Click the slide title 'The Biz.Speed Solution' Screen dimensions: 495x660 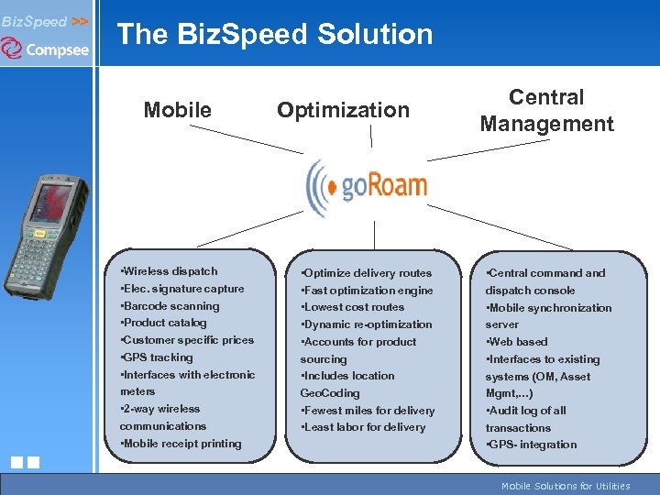(274, 35)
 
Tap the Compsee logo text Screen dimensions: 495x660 (56, 49)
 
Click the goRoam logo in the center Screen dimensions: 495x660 (368, 186)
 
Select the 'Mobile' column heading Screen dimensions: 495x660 (177, 110)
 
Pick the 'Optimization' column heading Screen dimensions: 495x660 (343, 110)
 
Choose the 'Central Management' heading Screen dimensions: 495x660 (546, 110)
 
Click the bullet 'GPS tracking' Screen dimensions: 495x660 (157, 357)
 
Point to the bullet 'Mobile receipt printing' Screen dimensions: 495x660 (181, 444)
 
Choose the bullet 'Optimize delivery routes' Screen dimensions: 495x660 (366, 273)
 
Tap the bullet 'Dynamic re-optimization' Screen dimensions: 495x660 (366, 324)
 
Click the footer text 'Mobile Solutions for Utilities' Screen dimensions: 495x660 (566, 486)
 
